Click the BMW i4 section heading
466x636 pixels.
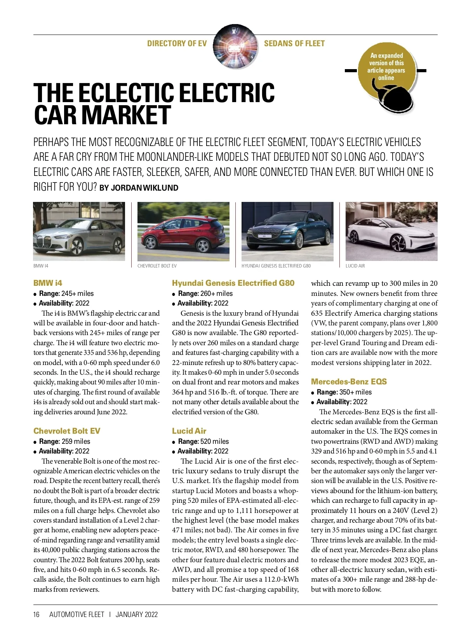(x=48, y=283)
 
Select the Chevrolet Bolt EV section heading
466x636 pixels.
(x=67, y=431)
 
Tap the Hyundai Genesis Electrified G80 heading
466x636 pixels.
(x=233, y=283)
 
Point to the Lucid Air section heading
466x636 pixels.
(x=189, y=431)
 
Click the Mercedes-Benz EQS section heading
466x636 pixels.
(x=349, y=382)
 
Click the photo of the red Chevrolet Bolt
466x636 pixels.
(x=183, y=231)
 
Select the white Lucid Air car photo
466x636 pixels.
(x=391, y=231)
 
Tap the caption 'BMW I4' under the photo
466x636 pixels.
(x=41, y=266)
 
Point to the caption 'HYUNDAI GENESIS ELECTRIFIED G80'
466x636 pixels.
(x=276, y=266)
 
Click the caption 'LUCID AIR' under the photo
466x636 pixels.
(x=355, y=266)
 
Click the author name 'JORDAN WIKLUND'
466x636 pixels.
(x=144, y=188)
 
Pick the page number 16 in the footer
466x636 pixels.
(x=37, y=615)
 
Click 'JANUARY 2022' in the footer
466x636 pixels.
(x=137, y=615)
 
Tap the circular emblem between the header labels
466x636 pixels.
(x=235, y=46)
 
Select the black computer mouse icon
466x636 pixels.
(x=396, y=99)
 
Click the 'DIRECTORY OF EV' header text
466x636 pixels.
(x=177, y=43)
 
